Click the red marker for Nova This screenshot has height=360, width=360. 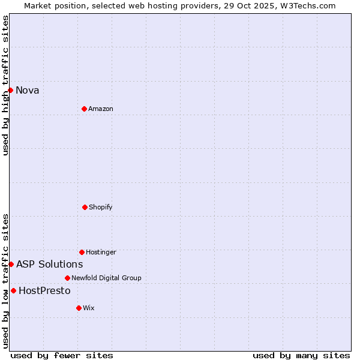click(x=10, y=90)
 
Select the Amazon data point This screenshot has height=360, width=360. click(x=84, y=109)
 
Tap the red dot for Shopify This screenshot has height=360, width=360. click(x=85, y=207)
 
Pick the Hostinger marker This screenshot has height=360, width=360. click(x=82, y=252)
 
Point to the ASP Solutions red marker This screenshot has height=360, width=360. click(x=11, y=264)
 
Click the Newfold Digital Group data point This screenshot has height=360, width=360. click(x=67, y=278)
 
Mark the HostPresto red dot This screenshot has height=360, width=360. click(x=13, y=290)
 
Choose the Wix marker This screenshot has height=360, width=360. click(x=79, y=308)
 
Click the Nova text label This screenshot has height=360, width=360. click(x=28, y=91)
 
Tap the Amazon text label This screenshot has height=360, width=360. click(x=101, y=109)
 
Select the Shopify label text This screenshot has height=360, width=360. click(x=101, y=208)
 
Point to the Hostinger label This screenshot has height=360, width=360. click(x=101, y=253)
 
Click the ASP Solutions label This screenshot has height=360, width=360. click(x=49, y=265)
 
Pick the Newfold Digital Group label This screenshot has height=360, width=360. click(x=106, y=278)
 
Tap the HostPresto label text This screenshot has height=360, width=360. click(x=44, y=291)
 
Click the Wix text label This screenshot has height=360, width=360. click(x=89, y=308)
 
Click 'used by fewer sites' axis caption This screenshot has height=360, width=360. click(x=62, y=355)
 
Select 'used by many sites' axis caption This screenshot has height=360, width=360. click(x=301, y=355)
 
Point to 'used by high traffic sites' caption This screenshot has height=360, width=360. click(x=5, y=85)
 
